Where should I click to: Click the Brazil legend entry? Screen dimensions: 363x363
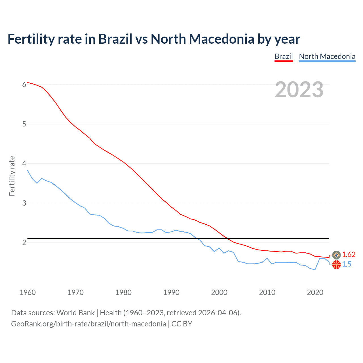284,56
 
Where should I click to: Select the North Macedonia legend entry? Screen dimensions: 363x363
327,56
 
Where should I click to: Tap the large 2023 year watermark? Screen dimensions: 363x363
299,90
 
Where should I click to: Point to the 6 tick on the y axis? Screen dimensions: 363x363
24,85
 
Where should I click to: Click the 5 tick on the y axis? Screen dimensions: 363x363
24,124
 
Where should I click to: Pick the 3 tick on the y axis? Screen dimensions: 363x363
24,203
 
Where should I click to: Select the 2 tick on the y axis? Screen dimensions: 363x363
24,242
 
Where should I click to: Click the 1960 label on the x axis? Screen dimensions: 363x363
28,292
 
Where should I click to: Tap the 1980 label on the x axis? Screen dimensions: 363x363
123,292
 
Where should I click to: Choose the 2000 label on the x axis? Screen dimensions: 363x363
219,292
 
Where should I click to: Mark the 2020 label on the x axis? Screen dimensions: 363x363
315,292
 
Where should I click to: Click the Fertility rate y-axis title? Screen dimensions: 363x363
12,176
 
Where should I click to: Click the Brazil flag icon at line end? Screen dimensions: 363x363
336,255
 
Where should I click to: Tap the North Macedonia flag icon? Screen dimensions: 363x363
336,265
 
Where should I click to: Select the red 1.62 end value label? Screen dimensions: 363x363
349,254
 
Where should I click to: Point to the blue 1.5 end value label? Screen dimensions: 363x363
347,264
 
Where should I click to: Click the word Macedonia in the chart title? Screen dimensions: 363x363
221,39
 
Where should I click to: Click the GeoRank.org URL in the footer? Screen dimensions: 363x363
88,324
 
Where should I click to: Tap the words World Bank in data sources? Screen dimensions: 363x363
75,313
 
